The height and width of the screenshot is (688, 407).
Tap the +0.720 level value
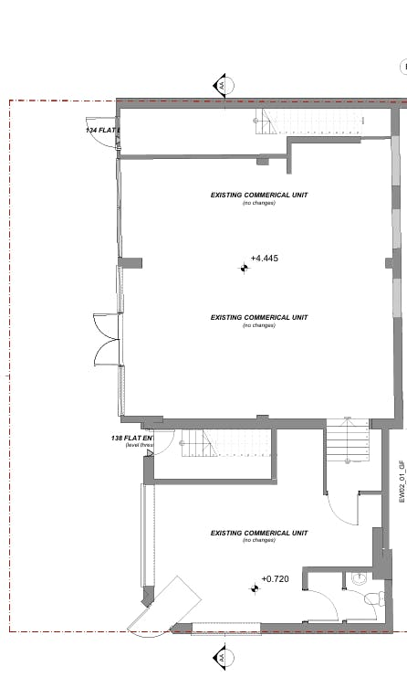(275, 579)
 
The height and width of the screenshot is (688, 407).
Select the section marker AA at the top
(222, 86)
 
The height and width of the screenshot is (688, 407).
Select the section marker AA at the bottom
(220, 655)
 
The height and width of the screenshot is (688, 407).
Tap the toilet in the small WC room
(372, 600)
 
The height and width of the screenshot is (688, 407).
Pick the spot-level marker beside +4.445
(245, 268)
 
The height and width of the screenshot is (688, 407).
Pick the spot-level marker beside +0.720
(255, 587)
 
